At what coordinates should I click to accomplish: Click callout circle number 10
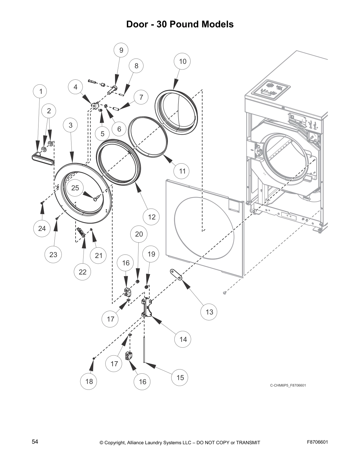click(183, 61)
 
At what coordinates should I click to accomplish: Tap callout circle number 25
click(75, 188)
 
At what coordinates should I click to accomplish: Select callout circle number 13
click(209, 312)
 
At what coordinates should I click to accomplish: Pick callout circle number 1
click(41, 91)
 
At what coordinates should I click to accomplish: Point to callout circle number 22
click(83, 272)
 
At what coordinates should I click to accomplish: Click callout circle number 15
click(180, 377)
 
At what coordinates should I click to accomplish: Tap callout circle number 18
click(89, 381)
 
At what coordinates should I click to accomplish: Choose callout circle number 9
click(121, 50)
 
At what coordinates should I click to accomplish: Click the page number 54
click(35, 442)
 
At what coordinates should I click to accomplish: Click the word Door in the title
click(137, 24)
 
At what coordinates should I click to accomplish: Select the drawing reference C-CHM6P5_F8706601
click(288, 385)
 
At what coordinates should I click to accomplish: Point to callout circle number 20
click(139, 234)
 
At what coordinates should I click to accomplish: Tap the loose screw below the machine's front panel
click(225, 292)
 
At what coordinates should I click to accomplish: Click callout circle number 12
click(151, 217)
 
